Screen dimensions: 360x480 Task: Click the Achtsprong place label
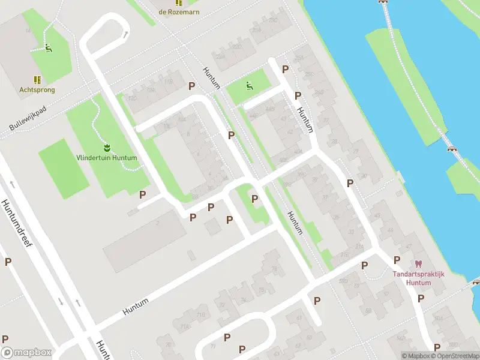[x=37, y=90]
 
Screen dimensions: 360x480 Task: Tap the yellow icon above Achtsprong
[x=37, y=79]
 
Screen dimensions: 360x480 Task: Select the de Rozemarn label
[x=179, y=11]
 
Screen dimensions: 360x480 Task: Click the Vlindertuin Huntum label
[x=107, y=158]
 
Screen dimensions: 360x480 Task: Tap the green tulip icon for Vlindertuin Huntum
[x=107, y=147]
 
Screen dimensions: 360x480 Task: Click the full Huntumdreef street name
[x=18, y=224]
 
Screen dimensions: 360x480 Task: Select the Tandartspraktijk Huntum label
[x=418, y=278]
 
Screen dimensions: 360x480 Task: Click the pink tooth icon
[x=418, y=264]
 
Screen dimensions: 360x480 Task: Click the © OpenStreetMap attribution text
[x=454, y=356]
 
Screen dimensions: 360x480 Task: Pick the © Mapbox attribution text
[x=413, y=356]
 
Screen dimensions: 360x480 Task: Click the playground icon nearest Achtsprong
[x=49, y=48]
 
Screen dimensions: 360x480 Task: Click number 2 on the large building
[x=157, y=223]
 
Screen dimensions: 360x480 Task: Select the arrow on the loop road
[x=125, y=34]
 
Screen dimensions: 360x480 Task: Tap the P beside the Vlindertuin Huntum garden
[x=143, y=194]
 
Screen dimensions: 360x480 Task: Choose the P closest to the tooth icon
[x=397, y=260]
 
